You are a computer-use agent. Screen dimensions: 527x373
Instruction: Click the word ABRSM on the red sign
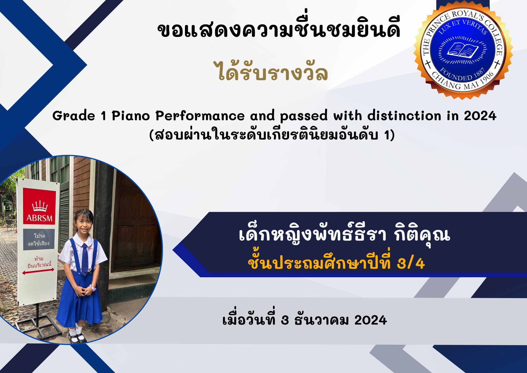[40, 218]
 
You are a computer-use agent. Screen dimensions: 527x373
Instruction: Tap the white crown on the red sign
[40, 206]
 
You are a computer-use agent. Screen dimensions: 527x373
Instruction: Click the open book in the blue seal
[463, 50]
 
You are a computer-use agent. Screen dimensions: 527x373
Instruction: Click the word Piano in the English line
[131, 116]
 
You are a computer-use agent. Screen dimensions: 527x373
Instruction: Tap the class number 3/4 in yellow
[411, 263]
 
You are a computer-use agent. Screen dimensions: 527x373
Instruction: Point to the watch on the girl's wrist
[93, 287]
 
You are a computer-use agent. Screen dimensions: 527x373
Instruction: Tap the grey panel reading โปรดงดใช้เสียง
[39, 240]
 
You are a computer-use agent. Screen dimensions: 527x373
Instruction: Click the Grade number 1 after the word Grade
[104, 116]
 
